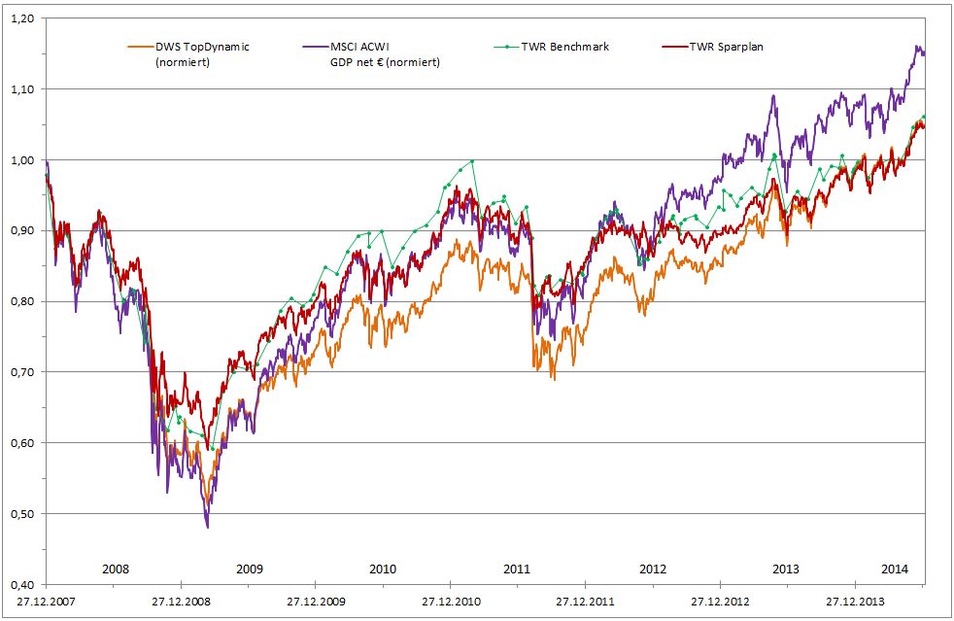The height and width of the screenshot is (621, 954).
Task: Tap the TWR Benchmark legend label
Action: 563,47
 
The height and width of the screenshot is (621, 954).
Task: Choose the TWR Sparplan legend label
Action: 726,47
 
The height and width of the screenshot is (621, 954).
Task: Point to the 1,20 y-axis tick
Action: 24,18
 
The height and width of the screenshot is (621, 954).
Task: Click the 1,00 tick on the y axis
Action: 24,160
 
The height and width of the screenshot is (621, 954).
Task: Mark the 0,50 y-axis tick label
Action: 24,513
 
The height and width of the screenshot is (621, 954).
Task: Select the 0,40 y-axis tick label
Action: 24,584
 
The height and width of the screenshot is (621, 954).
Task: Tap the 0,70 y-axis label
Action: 24,372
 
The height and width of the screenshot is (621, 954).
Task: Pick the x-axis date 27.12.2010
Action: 451,602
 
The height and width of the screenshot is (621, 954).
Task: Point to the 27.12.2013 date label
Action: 854,602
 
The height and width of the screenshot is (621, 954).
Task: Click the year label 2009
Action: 249,569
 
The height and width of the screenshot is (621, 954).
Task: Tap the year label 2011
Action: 518,569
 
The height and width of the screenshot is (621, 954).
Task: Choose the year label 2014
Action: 894,569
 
